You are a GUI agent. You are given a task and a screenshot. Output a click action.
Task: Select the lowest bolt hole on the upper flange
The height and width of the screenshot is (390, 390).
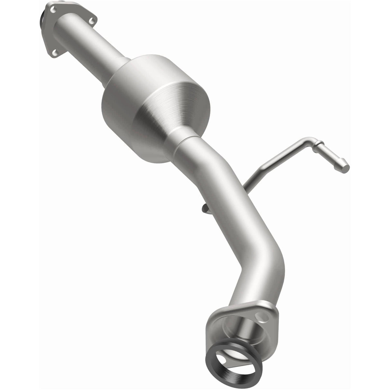54,53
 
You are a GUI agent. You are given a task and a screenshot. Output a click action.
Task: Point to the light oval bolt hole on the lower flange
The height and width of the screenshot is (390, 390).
266,318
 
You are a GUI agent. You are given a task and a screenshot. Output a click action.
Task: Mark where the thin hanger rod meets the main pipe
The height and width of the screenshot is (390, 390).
245,184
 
